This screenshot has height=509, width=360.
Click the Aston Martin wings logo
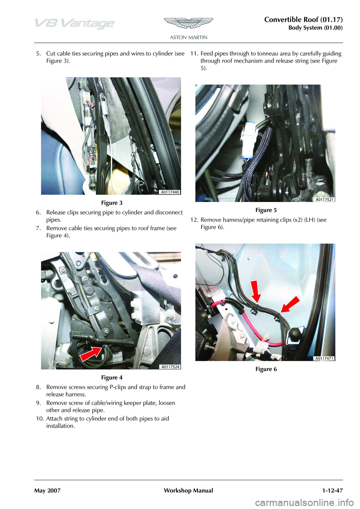tap(188, 23)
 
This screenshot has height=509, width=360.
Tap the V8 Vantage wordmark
tap(75, 24)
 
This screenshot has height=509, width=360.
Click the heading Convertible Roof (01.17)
tap(304, 20)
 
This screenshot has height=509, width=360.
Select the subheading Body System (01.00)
tap(316, 28)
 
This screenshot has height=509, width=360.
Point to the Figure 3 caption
tap(112, 203)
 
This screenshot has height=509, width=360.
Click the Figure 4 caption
tap(112, 377)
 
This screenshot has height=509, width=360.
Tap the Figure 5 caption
tap(266, 210)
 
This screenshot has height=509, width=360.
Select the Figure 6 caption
tap(266, 369)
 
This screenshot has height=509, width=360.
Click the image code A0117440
tap(170, 192)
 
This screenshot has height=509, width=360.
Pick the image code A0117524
tap(170, 367)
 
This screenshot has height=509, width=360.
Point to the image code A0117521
tap(325, 199)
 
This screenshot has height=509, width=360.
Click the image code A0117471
tap(325, 358)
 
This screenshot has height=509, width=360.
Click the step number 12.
tap(194, 220)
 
